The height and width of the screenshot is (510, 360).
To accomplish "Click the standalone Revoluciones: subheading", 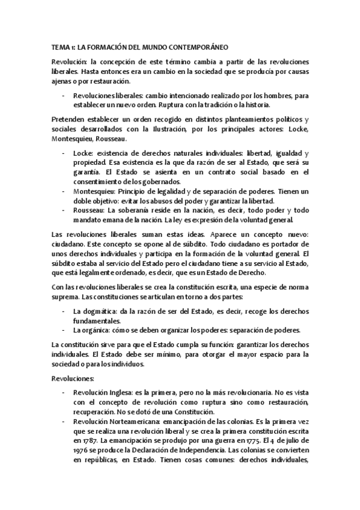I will coord(73,379).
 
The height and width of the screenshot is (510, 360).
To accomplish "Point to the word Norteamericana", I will coord(140,422).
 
